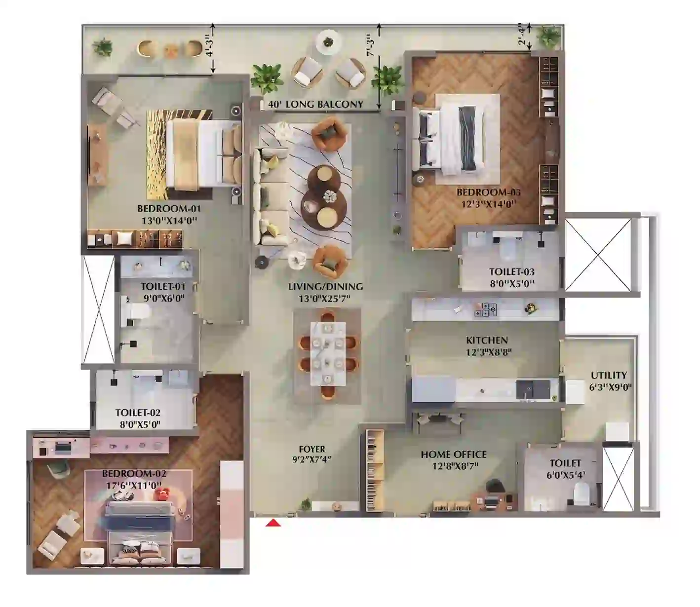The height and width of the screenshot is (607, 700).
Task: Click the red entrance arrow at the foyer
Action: click(273, 523)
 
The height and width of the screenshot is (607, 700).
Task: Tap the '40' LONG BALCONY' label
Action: click(315, 104)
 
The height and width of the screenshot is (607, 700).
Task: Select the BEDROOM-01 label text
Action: click(169, 209)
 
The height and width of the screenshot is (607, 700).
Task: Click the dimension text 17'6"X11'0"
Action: click(134, 485)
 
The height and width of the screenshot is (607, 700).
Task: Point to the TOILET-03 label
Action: click(511, 272)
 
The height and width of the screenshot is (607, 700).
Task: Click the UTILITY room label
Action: click(609, 375)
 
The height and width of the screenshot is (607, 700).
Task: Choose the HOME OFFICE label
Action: click(454, 454)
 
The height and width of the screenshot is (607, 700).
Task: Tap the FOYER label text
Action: click(312, 449)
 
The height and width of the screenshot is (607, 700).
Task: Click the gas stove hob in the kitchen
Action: click(485, 309)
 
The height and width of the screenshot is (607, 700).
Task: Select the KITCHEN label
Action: click(487, 340)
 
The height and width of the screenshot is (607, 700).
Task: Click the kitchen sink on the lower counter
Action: click(533, 389)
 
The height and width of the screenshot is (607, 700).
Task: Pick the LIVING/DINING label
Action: click(326, 287)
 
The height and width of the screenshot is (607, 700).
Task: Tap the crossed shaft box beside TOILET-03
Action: click(598, 255)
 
